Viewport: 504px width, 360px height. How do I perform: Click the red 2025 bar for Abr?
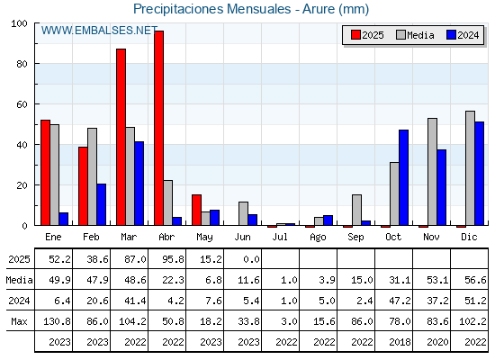click(x=158, y=128)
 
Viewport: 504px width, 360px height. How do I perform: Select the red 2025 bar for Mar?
click(x=121, y=137)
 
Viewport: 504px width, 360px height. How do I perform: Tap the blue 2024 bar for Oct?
click(x=404, y=177)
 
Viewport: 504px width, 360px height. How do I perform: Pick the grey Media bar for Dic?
click(x=470, y=168)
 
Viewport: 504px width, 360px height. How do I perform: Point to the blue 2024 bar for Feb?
click(x=101, y=204)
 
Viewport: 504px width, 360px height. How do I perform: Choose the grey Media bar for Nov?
click(x=432, y=172)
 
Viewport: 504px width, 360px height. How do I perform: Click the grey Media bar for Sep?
click(x=356, y=210)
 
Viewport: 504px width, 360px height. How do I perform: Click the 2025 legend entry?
click(x=367, y=35)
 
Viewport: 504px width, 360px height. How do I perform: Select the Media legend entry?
click(x=415, y=35)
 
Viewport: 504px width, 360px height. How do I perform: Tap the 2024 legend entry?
click(x=463, y=35)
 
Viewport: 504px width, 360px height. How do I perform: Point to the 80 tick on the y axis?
click(x=22, y=64)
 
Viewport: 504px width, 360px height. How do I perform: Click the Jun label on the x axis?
click(x=242, y=237)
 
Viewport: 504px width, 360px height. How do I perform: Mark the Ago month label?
click(x=318, y=238)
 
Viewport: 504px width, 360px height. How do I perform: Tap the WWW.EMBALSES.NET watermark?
click(x=99, y=31)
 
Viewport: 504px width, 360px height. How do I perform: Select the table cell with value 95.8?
click(x=173, y=259)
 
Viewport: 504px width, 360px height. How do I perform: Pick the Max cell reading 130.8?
click(x=57, y=321)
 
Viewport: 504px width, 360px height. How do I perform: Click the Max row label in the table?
click(x=19, y=321)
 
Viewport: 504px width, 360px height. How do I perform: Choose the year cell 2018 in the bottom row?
click(x=400, y=342)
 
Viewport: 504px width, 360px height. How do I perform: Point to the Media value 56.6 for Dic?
click(x=475, y=280)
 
